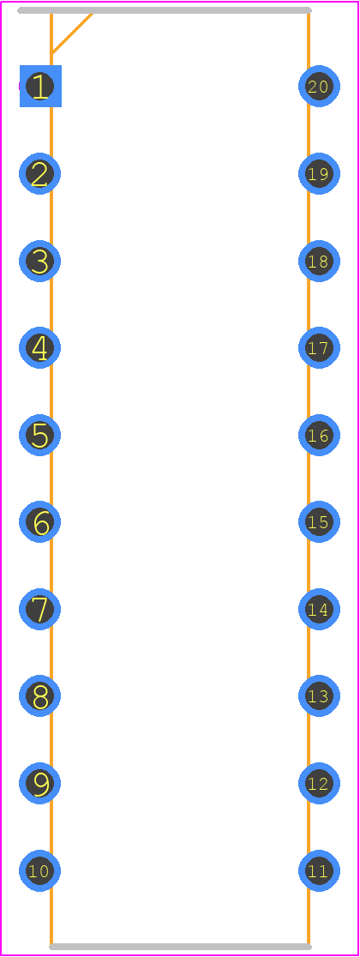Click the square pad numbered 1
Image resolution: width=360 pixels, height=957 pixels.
point(40,86)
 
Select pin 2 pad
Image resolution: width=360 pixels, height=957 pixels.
point(40,174)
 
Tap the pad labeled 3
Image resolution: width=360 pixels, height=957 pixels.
point(40,262)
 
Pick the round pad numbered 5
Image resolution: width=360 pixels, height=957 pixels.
point(40,435)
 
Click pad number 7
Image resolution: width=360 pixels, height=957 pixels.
point(40,609)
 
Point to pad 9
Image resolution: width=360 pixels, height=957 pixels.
point(40,783)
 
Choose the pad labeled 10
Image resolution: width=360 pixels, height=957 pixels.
point(40,870)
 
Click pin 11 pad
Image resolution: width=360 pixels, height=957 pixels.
point(319,870)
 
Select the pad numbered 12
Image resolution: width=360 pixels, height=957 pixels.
point(319,783)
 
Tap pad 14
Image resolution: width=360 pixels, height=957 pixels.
point(319,609)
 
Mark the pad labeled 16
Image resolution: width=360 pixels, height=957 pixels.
point(319,435)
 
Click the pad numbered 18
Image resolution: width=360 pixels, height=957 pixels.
point(319,262)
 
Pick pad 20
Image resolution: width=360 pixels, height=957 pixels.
point(319,86)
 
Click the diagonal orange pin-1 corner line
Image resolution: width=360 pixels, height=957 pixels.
point(72,33)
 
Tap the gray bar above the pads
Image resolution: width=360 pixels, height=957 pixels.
point(165,10)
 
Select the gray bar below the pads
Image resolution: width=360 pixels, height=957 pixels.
point(181,947)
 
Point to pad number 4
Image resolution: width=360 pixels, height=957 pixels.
point(40,348)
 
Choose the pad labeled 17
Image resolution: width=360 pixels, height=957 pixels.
point(319,348)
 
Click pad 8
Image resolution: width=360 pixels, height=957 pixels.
point(40,695)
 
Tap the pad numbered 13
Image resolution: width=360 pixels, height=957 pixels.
point(319,695)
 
